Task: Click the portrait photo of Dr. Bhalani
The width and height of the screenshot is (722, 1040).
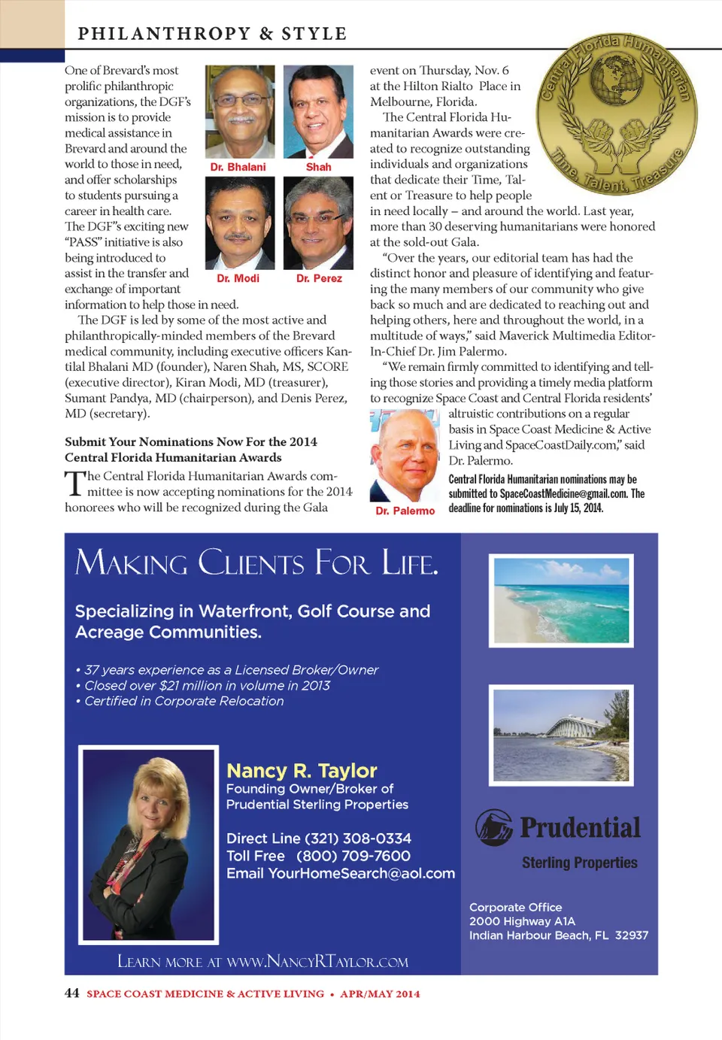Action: click(x=240, y=111)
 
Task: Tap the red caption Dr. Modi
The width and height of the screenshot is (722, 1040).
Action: click(x=238, y=278)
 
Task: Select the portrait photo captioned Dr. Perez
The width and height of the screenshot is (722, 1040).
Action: click(x=318, y=223)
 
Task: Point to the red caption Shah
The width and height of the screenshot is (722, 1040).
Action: click(x=318, y=167)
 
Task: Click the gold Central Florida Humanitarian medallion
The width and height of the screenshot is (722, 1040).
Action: click(x=616, y=114)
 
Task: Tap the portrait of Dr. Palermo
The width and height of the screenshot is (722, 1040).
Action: click(x=405, y=456)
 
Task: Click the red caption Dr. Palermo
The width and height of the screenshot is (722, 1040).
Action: click(x=405, y=511)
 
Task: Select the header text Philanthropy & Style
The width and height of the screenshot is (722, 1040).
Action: click(x=212, y=34)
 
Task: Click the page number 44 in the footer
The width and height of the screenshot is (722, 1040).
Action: click(x=71, y=993)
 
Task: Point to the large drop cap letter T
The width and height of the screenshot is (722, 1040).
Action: click(x=74, y=484)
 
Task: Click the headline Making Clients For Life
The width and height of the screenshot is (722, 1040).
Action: click(x=256, y=563)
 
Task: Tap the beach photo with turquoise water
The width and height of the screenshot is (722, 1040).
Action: click(x=561, y=600)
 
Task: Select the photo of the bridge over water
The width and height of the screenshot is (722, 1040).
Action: click(x=561, y=735)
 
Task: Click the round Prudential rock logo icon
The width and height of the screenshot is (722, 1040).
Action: click(x=493, y=827)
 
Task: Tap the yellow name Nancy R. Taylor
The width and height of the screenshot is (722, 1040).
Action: click(x=302, y=771)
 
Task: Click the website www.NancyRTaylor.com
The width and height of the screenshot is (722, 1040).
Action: click(x=317, y=962)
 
